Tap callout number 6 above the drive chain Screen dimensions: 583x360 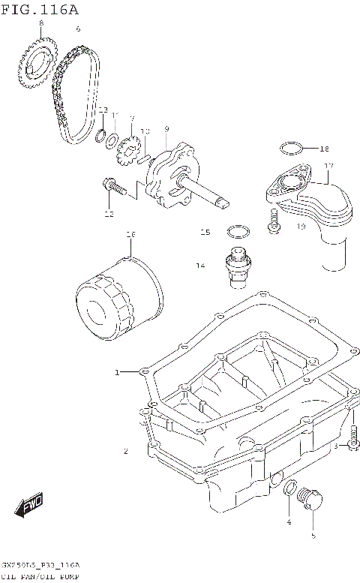(78, 29)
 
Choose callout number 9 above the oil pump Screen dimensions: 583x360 (166, 129)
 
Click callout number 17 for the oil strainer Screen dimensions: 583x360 (328, 166)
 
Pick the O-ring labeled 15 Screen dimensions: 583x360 (237, 230)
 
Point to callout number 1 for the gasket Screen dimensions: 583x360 (117, 372)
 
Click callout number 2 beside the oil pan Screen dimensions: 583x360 (126, 451)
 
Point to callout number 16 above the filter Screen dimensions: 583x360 (130, 235)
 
